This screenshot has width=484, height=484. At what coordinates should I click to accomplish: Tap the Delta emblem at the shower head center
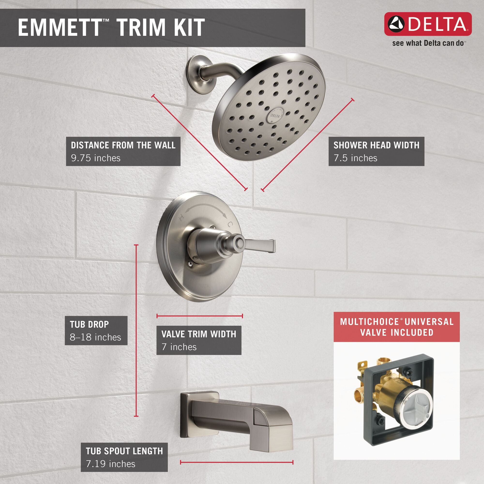(275, 115)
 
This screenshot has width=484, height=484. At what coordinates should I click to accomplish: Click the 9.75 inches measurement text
(95, 158)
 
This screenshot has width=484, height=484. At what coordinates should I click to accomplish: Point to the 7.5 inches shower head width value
(355, 158)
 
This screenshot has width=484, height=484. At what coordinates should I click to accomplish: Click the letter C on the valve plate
(230, 224)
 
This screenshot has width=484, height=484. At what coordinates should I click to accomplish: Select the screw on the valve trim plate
(191, 263)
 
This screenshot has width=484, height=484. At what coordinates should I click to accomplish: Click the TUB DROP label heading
(89, 325)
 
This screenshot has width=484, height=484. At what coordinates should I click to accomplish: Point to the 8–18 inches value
(95, 337)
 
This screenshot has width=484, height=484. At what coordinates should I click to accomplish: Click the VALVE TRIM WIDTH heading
(199, 334)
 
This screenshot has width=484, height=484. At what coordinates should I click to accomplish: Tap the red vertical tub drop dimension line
(136, 331)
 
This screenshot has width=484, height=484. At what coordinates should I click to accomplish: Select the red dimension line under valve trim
(200, 316)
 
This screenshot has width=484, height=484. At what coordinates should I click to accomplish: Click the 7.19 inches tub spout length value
(111, 464)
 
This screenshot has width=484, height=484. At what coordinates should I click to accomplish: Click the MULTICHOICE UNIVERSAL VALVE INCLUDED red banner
(397, 327)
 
